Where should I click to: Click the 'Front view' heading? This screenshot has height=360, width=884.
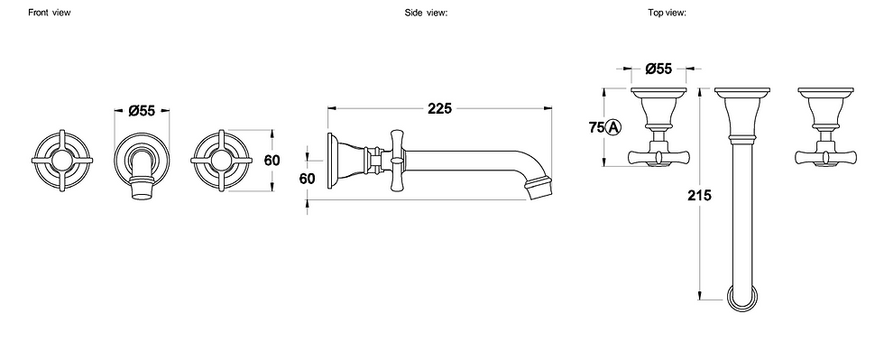click(x=50, y=13)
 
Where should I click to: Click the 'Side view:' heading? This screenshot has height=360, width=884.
click(x=426, y=13)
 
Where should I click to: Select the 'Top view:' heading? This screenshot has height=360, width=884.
click(x=667, y=13)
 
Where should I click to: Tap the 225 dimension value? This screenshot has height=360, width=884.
click(x=439, y=108)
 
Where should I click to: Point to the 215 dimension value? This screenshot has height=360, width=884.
click(x=699, y=195)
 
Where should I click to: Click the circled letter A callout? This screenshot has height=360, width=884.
click(x=613, y=127)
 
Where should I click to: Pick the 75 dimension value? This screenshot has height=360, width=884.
click(x=596, y=127)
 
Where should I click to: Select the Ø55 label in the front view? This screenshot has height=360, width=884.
click(x=142, y=111)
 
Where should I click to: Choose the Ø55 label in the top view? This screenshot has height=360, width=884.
click(x=658, y=69)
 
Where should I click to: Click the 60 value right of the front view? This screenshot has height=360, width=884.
click(x=272, y=161)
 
